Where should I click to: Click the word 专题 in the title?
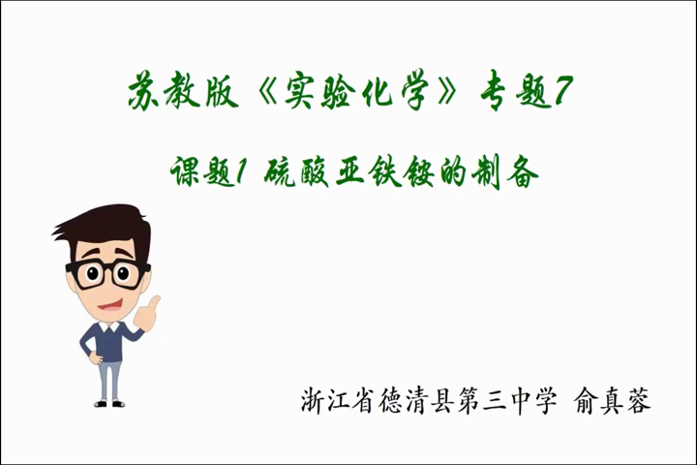click(516, 93)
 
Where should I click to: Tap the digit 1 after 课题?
click(240, 171)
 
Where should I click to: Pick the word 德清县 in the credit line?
click(416, 400)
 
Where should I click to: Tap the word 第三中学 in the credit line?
click(507, 400)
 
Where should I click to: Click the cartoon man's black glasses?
click(108, 273)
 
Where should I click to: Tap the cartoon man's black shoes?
click(109, 403)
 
